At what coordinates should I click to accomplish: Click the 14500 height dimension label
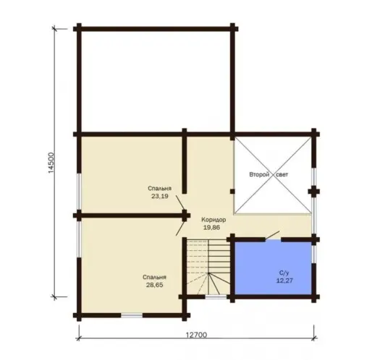coord(51,163)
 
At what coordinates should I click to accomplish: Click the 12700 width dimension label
coord(196,335)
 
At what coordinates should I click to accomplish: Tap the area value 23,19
coord(160,196)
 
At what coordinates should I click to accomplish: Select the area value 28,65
coord(155,285)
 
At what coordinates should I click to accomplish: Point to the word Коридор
coord(214,220)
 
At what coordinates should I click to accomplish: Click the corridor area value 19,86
coord(212,228)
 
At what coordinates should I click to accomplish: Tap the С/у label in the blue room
coord(284,273)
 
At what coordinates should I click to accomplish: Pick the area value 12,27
coord(284,280)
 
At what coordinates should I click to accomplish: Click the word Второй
coord(259,174)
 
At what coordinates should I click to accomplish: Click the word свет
coord(282,175)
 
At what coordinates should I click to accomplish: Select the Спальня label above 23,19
coord(160,188)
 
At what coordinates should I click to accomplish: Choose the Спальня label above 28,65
coord(154,277)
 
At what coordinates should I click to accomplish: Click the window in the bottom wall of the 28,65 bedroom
coord(132,315)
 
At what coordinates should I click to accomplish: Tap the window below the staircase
coord(216,296)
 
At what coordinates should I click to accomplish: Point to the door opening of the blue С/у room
coord(274,240)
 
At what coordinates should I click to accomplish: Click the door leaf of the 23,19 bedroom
coord(180,203)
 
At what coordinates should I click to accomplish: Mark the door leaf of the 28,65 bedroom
coord(180,228)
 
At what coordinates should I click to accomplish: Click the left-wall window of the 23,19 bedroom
coord(79,192)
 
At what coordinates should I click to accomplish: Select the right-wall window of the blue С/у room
coord(313,254)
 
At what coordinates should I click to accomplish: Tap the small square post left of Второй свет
coord(232,192)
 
